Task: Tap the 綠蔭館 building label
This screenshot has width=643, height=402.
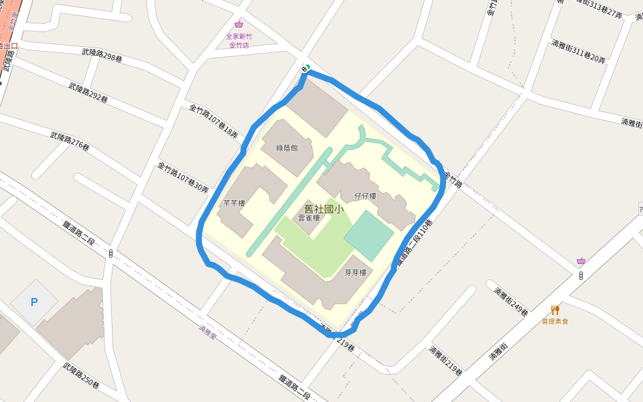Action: pos(287,147)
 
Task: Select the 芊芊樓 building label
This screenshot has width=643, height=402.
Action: pos(234,203)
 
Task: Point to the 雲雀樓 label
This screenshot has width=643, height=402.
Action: pos(309,218)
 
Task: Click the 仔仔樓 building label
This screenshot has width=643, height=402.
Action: pos(365,196)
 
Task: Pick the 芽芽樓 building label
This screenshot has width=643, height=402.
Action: pos(355,273)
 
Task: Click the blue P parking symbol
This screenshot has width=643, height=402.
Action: pos(34,302)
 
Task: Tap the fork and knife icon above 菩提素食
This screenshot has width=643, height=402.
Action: pos(555,310)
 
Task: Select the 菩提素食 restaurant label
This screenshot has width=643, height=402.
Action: pos(555,322)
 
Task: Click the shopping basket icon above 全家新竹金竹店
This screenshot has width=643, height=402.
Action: pos(238,25)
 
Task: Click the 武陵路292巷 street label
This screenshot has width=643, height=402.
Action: pos(88,92)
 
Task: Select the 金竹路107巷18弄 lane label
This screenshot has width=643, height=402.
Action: pos(213,121)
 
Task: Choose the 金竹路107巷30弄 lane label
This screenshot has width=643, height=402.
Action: pos(183,178)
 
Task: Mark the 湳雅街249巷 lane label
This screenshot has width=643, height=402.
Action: pos(511,301)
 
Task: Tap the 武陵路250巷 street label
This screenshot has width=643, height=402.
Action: pos(81,376)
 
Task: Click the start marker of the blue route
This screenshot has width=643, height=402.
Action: pos(305,69)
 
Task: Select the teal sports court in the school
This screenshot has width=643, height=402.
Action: pos(368,236)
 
